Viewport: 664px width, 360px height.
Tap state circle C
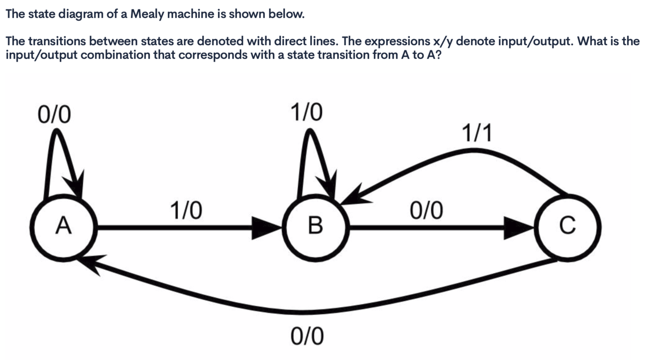[567, 227]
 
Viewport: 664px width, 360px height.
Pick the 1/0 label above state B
[306, 113]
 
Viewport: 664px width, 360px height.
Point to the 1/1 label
[476, 133]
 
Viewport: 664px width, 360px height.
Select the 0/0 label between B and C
[426, 211]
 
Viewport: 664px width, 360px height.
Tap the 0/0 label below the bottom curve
[307, 336]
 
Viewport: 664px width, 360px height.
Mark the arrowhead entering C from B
[518, 228]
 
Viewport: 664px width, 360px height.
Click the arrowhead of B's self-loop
[330, 187]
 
